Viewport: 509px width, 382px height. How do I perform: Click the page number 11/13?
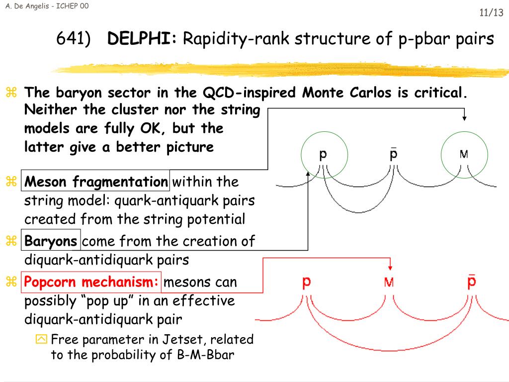click(491, 13)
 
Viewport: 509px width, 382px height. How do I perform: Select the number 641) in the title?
click(73, 38)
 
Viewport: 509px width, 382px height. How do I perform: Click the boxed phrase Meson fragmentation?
click(96, 182)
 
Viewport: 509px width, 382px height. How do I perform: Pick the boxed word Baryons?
click(51, 242)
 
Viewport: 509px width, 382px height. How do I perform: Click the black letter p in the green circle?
click(323, 155)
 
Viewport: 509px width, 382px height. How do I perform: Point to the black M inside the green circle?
click(464, 154)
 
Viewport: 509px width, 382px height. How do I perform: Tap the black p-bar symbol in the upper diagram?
click(393, 154)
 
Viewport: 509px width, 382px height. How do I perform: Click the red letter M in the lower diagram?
click(389, 283)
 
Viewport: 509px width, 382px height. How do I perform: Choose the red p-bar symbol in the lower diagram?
click(472, 281)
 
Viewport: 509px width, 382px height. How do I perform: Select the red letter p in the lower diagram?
click(307, 282)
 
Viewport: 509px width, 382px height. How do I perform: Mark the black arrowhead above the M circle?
click(464, 118)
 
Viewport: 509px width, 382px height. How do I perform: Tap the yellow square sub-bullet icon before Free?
click(41, 340)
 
